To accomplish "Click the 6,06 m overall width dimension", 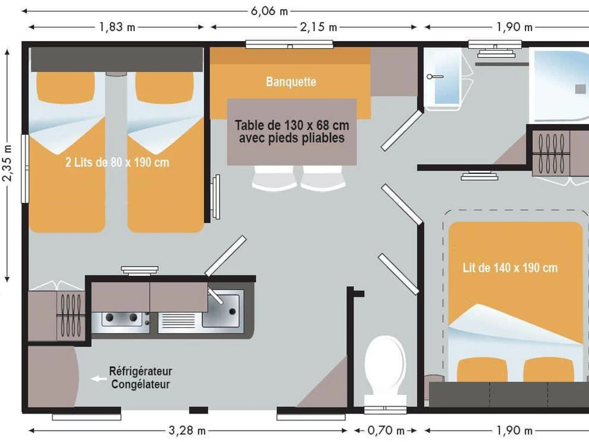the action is click(269, 11).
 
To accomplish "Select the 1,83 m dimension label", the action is click(117, 27).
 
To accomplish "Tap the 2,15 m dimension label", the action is click(318, 27).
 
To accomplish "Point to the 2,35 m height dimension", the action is click(7, 163).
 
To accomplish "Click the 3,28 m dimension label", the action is click(187, 431).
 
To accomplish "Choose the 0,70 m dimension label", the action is click(386, 431).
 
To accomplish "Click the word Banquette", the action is click(291, 82).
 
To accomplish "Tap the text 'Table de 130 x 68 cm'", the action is click(292, 125).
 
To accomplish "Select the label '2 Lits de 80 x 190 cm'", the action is click(117, 163).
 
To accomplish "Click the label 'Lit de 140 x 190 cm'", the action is click(510, 268).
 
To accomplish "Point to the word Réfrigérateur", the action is click(140, 371).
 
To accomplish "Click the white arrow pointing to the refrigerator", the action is click(99, 379).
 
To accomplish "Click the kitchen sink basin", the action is click(220, 311).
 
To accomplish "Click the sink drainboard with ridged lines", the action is click(179, 320).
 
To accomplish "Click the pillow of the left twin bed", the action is click(65, 87).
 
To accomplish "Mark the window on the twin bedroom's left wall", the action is click(25, 168).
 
